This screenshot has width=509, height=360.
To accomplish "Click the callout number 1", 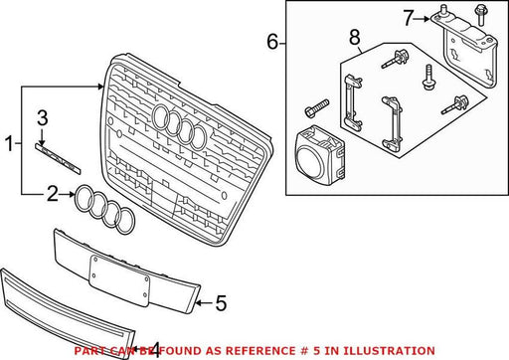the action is point(10,143).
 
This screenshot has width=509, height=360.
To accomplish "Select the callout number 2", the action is point(53,194).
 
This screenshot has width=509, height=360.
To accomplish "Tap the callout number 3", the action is point(43,118).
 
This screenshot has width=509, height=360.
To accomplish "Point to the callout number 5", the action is point(221,303).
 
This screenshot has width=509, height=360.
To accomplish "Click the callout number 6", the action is point(272,42).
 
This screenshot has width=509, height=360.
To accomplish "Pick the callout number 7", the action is point(409,18).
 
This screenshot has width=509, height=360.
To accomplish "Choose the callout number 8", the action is point(355,37).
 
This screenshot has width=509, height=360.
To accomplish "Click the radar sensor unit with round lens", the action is point(319,155).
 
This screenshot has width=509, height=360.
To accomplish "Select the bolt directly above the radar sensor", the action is point(317,107).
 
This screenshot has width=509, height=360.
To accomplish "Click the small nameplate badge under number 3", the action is point(58,158).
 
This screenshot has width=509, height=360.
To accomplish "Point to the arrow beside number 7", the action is point(423,19).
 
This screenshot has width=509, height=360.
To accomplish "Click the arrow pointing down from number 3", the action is point(42,136).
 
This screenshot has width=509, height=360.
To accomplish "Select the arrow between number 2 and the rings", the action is point(68,195).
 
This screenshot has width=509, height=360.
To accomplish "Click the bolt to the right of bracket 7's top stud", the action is point(480,15).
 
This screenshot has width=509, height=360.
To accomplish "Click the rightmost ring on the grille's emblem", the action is point(198,137).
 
